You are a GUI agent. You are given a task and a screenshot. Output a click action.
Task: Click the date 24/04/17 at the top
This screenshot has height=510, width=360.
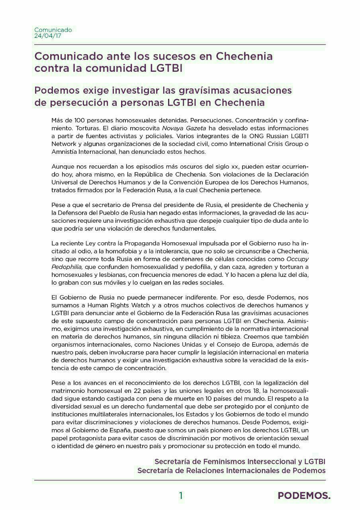48,36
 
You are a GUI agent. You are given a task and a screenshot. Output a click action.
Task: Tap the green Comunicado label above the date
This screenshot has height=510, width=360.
53,30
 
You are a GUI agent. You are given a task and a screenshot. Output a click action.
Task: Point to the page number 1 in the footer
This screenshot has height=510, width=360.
180,496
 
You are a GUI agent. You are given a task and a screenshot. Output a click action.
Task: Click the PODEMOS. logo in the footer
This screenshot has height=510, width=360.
304,496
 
